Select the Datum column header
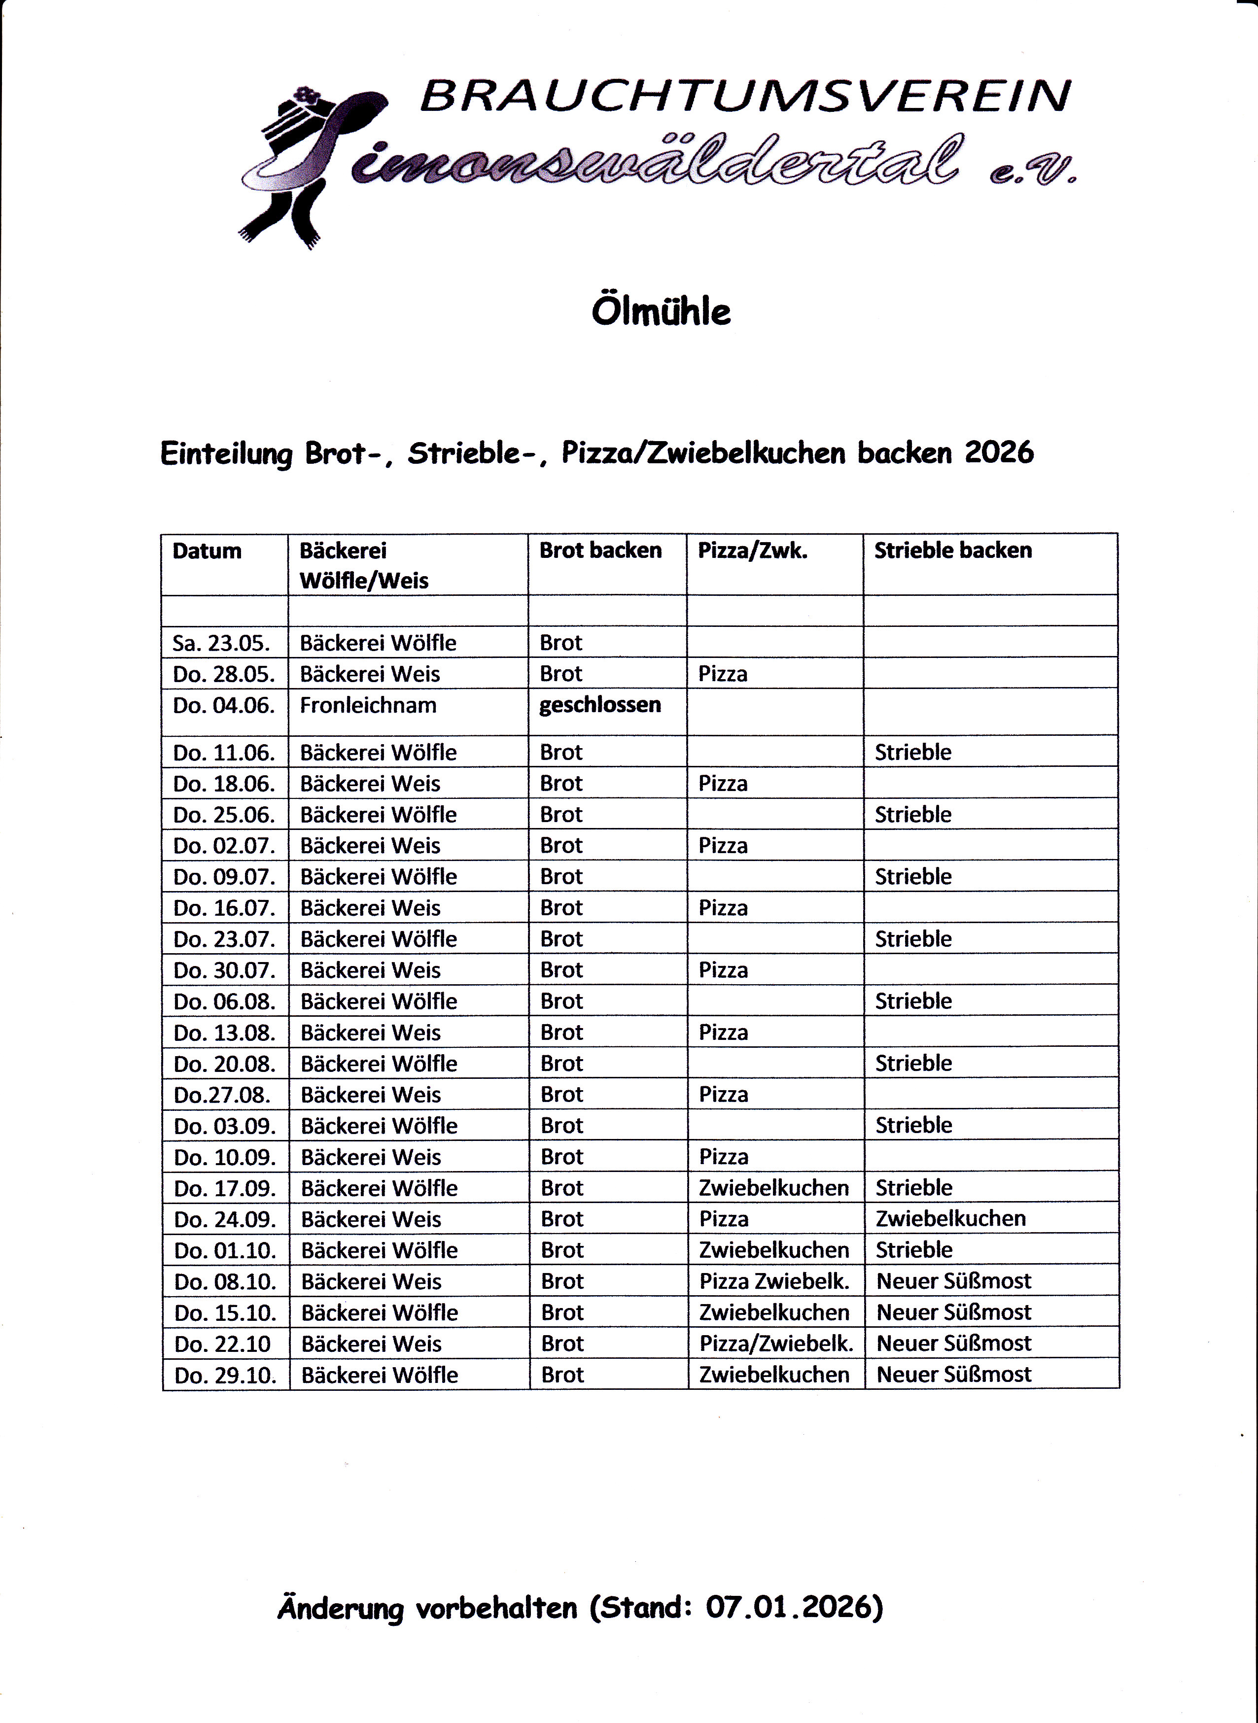coord(207,551)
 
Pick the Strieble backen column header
coord(953,551)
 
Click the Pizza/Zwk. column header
coord(752,551)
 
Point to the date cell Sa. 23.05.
coord(221,643)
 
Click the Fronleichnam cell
coord(368,705)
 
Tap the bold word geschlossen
coord(600,705)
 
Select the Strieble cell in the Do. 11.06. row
coord(913,752)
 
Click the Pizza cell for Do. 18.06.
coord(723,784)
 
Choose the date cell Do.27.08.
coord(222,1095)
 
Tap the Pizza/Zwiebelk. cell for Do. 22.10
coord(776,1343)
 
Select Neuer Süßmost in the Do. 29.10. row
coord(953,1374)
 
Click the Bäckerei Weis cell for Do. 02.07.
coord(370,846)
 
